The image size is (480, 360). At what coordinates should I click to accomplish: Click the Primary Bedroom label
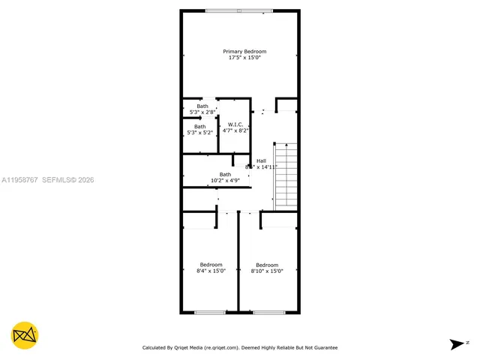(244, 52)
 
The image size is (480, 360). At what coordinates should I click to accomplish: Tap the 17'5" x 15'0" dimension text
(244, 58)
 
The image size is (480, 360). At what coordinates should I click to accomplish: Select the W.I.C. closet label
(235, 124)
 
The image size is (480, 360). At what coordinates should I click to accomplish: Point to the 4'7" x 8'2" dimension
(235, 130)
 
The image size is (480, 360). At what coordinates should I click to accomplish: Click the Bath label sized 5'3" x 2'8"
(202, 106)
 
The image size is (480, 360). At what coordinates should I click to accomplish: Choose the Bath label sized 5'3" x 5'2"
(199, 127)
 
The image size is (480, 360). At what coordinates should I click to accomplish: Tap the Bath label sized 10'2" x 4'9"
(225, 174)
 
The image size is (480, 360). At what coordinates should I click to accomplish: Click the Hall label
(261, 161)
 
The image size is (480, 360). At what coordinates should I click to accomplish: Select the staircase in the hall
(285, 176)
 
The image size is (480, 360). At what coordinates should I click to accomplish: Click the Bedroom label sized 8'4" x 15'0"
(211, 265)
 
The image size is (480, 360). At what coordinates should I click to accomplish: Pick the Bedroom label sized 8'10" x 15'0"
(267, 265)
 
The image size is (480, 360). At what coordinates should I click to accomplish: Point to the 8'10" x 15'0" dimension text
(267, 271)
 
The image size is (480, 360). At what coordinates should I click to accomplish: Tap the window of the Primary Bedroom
(239, 10)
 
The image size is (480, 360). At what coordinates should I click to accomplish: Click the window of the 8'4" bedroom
(210, 312)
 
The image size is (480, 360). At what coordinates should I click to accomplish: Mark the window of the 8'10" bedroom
(268, 312)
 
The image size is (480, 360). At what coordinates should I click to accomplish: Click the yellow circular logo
(25, 334)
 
